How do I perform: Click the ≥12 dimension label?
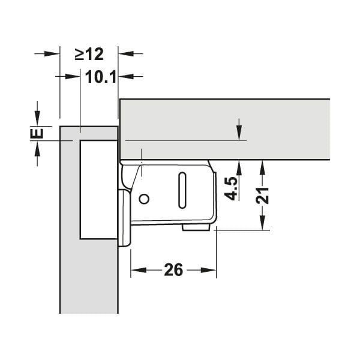(x=89, y=54)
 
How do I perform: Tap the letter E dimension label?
(x=37, y=133)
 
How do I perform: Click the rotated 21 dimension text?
(x=262, y=195)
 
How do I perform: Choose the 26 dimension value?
(x=173, y=270)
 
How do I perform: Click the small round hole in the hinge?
(x=143, y=199)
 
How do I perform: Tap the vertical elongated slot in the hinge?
(x=182, y=190)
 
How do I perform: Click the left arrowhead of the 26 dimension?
(x=136, y=270)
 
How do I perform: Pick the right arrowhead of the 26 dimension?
(x=211, y=270)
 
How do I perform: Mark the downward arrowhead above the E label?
(x=37, y=120)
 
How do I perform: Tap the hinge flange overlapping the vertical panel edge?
(x=123, y=218)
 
